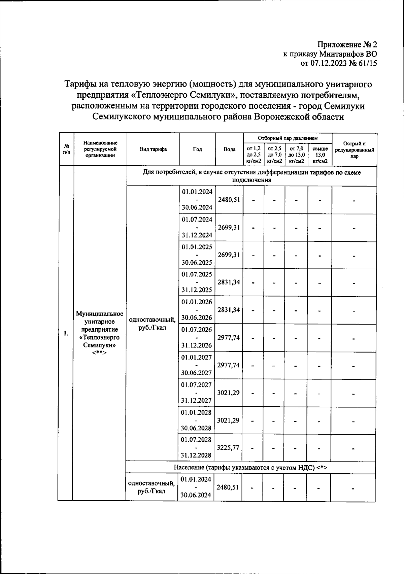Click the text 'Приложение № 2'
347,45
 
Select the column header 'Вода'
229,149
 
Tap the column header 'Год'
197,149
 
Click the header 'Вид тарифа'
153,149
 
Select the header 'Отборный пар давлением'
288,138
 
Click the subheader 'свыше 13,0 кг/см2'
320,155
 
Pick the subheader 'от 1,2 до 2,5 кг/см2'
254,155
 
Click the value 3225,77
228,448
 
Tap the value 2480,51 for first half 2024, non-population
229,200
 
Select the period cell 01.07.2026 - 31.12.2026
197,337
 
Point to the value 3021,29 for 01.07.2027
228,393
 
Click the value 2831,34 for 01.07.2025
229,282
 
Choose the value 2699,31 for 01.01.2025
229,255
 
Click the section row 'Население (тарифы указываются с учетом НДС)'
250,468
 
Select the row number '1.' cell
66,334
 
